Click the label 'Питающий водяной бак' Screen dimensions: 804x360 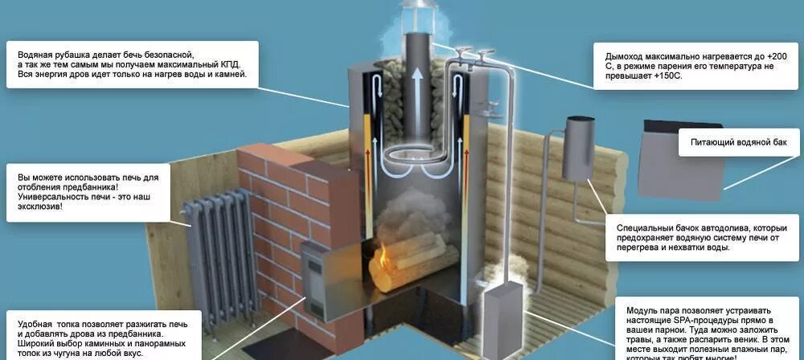(x=740, y=142)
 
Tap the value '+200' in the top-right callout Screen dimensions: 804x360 (x=777, y=56)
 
